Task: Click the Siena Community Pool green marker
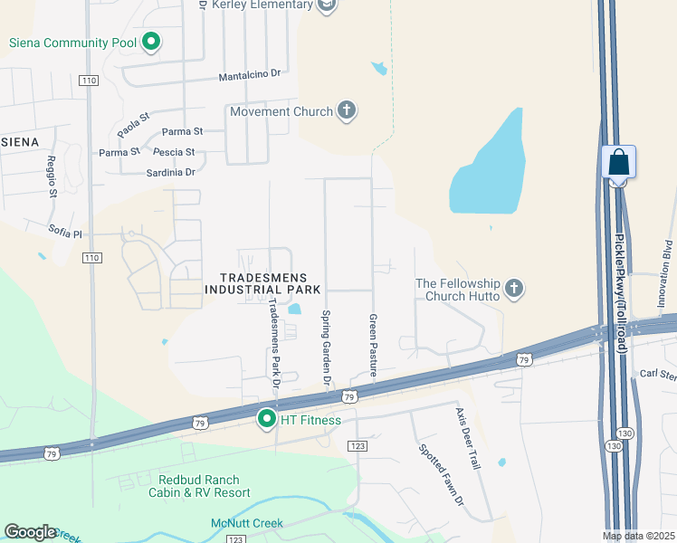[x=152, y=42]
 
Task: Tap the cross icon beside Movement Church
[x=345, y=111]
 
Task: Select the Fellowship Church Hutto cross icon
[x=513, y=289]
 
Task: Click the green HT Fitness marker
[x=267, y=419]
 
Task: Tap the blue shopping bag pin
[x=618, y=163]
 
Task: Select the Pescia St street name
[x=174, y=152]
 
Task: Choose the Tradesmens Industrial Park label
[x=262, y=283]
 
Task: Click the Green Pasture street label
[x=372, y=346]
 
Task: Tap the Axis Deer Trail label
[x=467, y=437]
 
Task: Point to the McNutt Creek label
[x=247, y=523]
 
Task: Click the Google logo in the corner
[x=30, y=532]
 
